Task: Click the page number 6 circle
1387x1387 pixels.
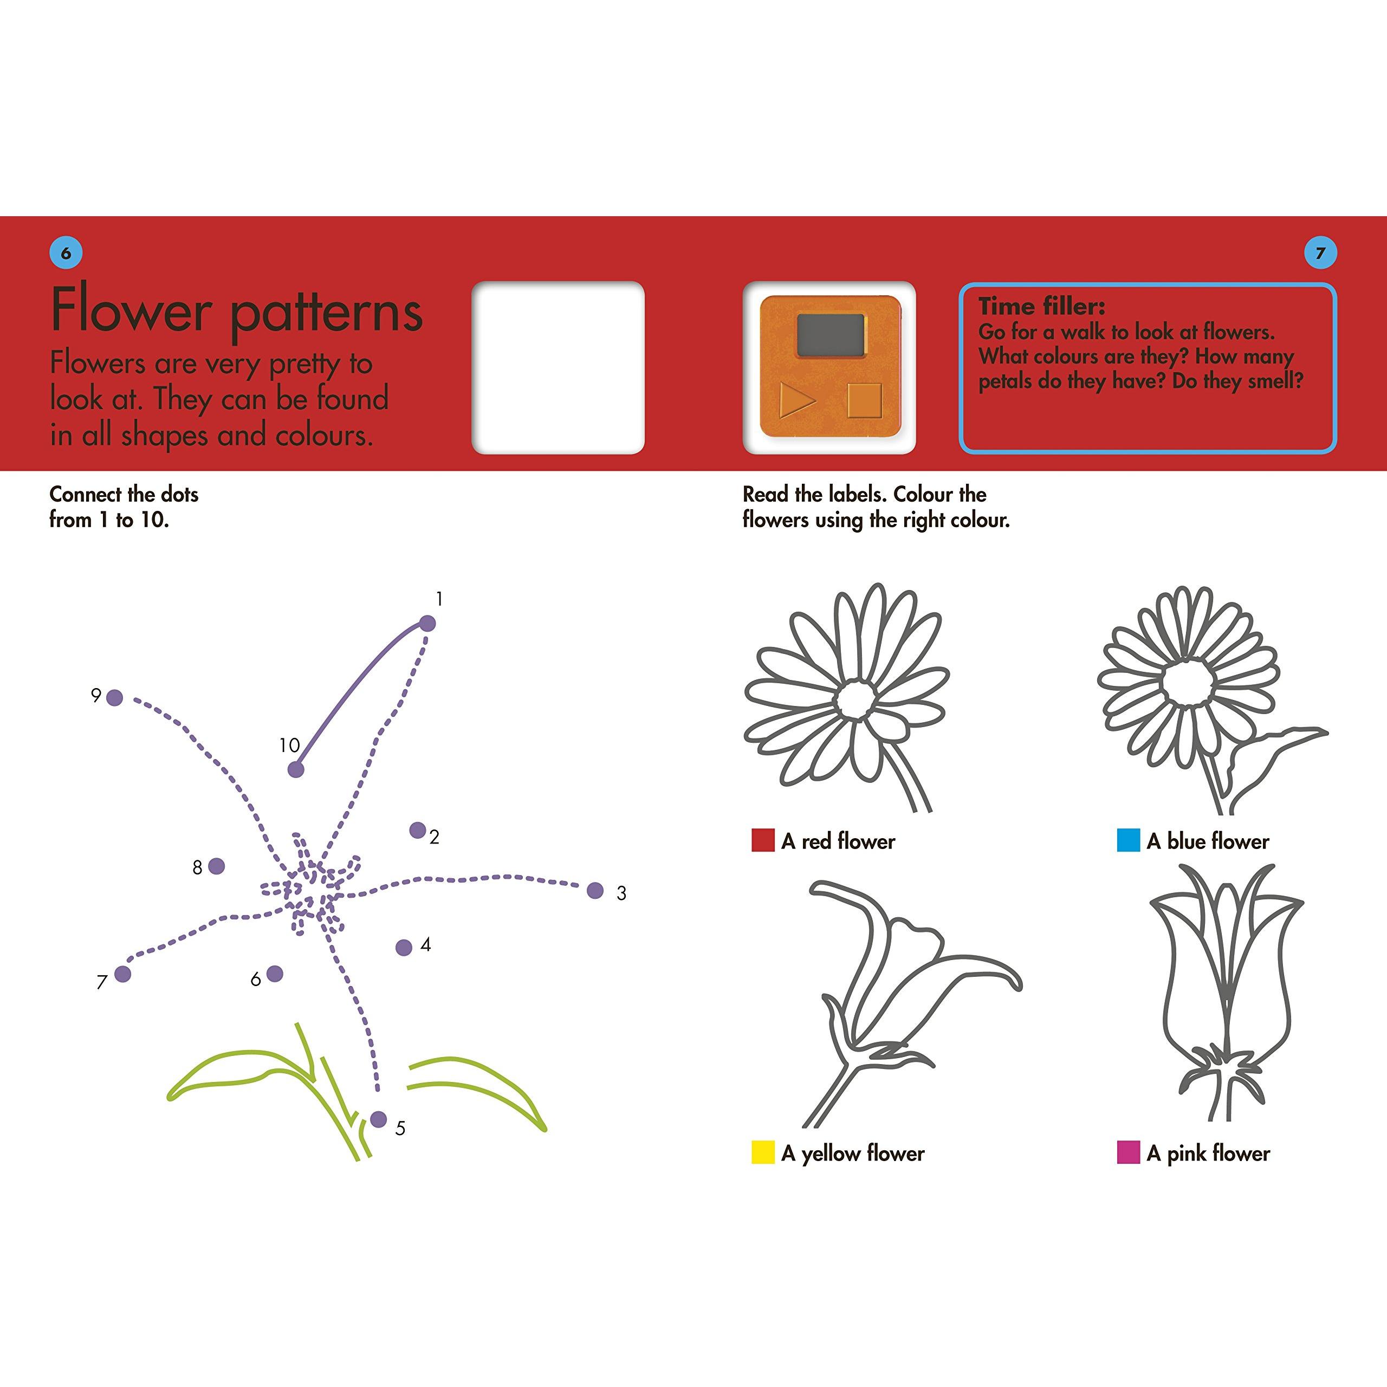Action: click(66, 252)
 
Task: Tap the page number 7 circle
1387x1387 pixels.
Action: click(1319, 252)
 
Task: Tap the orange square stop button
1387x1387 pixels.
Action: click(864, 400)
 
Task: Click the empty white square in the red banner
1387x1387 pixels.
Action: click(558, 367)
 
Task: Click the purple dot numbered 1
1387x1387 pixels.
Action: click(427, 623)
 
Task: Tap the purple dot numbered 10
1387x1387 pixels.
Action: click(296, 769)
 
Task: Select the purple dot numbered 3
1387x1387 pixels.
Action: click(595, 891)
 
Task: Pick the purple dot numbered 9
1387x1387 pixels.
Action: click(114, 697)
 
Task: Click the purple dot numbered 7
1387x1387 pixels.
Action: click(123, 974)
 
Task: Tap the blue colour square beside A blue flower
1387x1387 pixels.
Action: click(1129, 840)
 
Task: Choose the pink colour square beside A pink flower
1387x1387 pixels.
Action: click(1129, 1152)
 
